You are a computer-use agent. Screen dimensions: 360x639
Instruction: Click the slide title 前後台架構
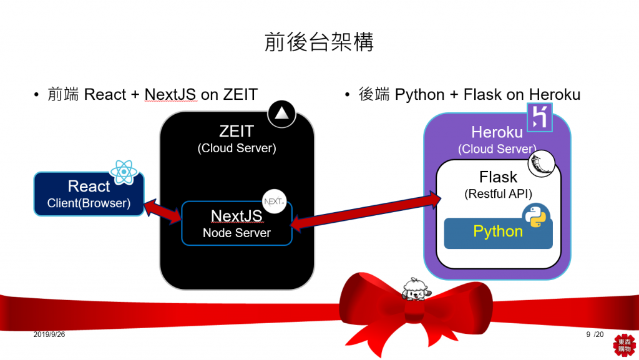319,42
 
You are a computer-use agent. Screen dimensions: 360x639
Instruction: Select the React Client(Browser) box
88,194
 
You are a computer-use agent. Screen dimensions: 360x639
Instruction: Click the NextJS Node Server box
237,223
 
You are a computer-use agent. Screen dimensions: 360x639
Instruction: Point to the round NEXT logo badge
275,201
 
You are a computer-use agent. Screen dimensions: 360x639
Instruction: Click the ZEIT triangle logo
281,114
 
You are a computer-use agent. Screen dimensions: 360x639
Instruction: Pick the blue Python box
498,232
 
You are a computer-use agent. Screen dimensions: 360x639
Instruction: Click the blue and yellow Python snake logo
535,215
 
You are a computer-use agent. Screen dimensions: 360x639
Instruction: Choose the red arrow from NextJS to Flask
365,210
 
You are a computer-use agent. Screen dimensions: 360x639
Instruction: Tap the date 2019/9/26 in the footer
49,335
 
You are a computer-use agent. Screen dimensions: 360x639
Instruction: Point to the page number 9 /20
595,335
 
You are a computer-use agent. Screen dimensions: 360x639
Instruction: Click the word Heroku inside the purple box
497,132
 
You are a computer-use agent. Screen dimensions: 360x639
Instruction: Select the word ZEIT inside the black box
237,132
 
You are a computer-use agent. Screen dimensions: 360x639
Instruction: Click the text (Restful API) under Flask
498,194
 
